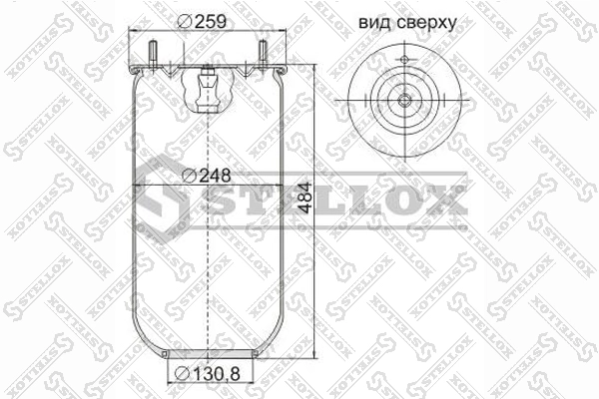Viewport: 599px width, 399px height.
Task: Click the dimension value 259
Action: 211,21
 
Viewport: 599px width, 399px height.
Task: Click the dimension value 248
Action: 215,176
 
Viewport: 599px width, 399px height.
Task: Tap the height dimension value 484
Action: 304,198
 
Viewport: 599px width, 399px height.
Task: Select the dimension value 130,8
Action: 216,373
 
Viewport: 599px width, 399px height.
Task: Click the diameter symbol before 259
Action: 185,21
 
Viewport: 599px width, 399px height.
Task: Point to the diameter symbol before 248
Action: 189,176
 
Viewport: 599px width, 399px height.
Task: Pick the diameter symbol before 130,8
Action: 182,374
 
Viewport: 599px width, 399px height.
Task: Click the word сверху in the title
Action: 426,24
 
